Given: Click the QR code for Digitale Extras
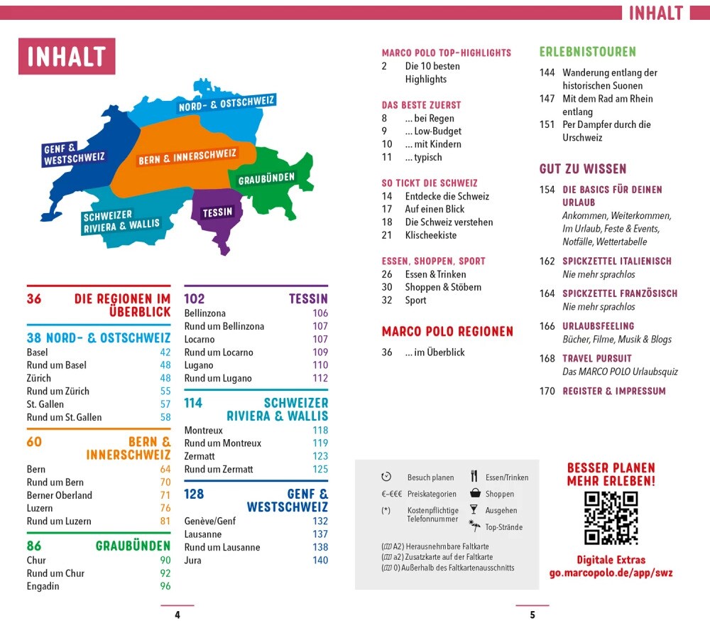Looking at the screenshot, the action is [x=611, y=519].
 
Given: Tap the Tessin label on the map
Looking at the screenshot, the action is [x=217, y=212].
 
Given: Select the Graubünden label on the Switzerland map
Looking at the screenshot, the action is [x=266, y=179].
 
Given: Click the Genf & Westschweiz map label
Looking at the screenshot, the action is [x=74, y=154].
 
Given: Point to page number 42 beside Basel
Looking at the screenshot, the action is [x=165, y=352].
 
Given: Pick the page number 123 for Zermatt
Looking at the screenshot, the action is [x=320, y=456].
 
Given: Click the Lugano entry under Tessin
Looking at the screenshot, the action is [x=199, y=365].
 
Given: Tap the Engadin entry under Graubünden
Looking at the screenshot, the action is [x=43, y=586].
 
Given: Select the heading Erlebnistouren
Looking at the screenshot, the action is [x=587, y=52].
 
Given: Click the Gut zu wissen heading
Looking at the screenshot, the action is [x=583, y=169].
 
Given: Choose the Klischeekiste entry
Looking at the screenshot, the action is [x=430, y=235].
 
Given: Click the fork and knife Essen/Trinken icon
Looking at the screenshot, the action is [x=474, y=477].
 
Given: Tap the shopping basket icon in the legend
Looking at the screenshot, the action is [x=474, y=494].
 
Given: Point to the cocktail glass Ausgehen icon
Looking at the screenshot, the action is [x=474, y=510].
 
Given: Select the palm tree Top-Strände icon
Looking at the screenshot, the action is [x=474, y=526].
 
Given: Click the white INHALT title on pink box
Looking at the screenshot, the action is [x=67, y=57].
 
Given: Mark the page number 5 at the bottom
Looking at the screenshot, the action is [x=532, y=615].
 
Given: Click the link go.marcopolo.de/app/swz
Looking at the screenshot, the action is [x=611, y=573].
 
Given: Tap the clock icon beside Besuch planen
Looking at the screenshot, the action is [x=386, y=477].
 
